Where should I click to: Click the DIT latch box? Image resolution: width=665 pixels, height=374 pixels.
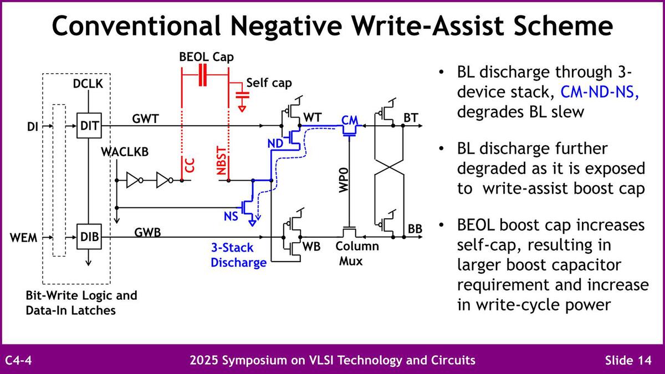coord(89,126)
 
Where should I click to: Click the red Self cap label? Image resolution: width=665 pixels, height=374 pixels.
coord(269,83)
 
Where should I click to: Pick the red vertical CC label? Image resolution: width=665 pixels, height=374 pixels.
coord(190,167)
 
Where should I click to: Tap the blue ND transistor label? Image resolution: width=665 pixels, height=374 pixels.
coord(275,142)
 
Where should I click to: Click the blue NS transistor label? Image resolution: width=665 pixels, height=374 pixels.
coord(231,217)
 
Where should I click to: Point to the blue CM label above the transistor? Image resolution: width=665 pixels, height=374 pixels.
coord(350,120)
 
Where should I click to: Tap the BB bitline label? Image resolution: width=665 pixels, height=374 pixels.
coord(415,228)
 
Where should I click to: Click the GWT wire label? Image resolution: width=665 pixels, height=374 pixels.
coord(145,118)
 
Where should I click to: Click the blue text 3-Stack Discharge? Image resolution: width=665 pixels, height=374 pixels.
coord(238,255)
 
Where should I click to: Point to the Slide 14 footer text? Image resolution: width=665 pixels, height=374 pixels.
coord(628,360)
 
